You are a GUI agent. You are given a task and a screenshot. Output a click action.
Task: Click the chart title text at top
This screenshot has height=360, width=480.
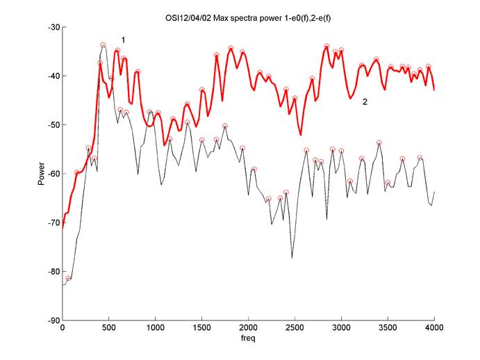248,15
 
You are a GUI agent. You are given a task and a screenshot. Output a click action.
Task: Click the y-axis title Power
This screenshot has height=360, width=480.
42,174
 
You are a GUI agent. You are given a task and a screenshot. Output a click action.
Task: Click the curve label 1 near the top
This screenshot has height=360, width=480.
123,40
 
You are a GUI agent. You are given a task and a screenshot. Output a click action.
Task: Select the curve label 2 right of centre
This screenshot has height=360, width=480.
365,102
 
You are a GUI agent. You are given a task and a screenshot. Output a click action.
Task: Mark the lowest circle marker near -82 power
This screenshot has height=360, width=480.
69,279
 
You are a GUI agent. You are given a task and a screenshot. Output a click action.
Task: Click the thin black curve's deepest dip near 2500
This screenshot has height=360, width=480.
292,258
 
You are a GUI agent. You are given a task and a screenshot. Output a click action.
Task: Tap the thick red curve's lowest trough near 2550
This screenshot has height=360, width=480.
300,135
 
